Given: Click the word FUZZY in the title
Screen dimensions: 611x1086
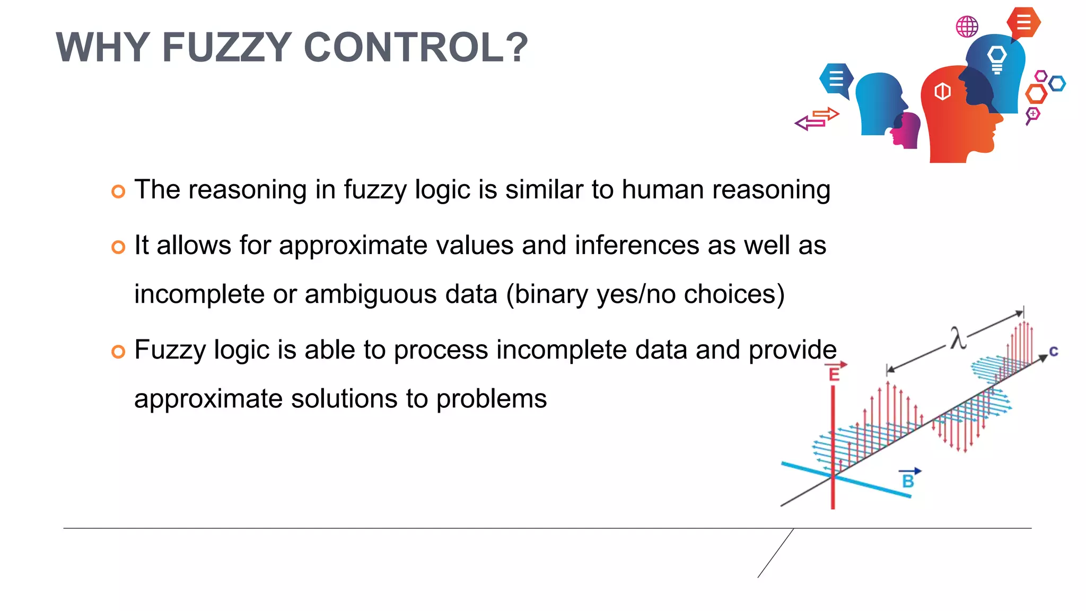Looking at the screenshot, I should pyautogui.click(x=226, y=48).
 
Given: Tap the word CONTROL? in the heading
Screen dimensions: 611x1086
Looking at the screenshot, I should pyautogui.click(x=416, y=48).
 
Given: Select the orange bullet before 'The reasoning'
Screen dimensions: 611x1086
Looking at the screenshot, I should pyautogui.click(x=118, y=191).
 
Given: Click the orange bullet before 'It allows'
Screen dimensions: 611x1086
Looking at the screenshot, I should pyautogui.click(x=118, y=247).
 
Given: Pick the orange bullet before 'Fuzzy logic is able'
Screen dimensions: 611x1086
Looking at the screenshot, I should pyautogui.click(x=118, y=352).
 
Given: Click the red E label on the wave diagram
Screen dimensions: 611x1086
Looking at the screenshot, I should pyautogui.click(x=834, y=374).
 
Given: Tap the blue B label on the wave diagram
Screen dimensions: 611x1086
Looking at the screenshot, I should pyautogui.click(x=908, y=481).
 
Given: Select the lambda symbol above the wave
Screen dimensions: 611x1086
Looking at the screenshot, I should pyautogui.click(x=958, y=338).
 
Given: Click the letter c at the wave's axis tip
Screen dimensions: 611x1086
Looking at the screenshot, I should pyautogui.click(x=1054, y=351).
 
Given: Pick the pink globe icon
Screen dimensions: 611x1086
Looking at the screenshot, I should pyautogui.click(x=967, y=27).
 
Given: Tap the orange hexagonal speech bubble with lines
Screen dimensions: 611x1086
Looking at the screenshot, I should pyautogui.click(x=1023, y=23).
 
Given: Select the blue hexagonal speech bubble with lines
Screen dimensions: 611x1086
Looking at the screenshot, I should pyautogui.click(x=836, y=79).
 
